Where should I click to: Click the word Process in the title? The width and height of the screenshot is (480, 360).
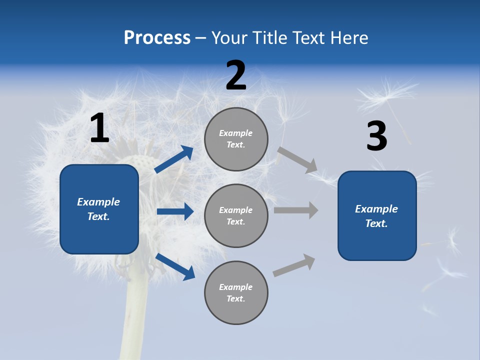point(157,37)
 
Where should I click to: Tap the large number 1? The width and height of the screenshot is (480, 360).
point(99,128)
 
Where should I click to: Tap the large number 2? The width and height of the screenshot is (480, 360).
point(236,75)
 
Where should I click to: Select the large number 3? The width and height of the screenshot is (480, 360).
point(376,136)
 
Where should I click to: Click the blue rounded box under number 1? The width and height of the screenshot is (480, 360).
point(99,209)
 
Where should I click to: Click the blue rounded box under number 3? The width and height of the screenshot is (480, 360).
point(377,215)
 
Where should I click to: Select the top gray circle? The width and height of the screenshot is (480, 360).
point(236,139)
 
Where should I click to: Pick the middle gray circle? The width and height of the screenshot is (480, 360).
point(236,215)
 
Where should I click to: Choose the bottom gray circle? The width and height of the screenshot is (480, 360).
point(236,292)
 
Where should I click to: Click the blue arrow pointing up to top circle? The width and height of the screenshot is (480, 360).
point(174,159)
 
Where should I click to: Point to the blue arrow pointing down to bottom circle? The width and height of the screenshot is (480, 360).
point(175,266)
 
